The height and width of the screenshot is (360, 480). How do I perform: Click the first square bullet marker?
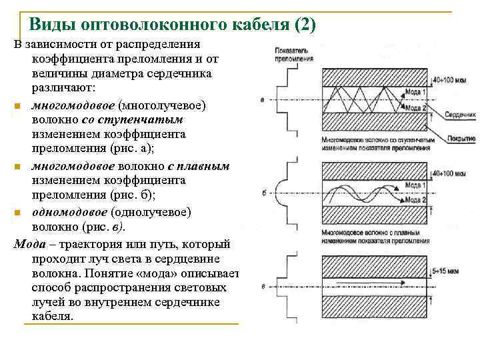pos(17,106)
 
